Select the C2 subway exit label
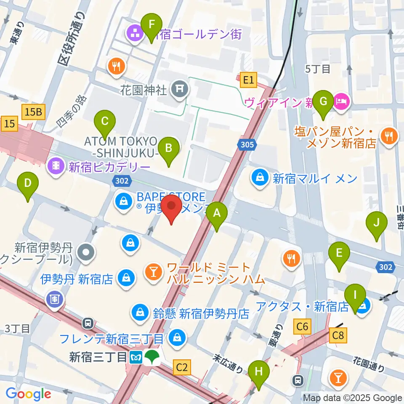point(181,368)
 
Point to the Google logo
point(28,394)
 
